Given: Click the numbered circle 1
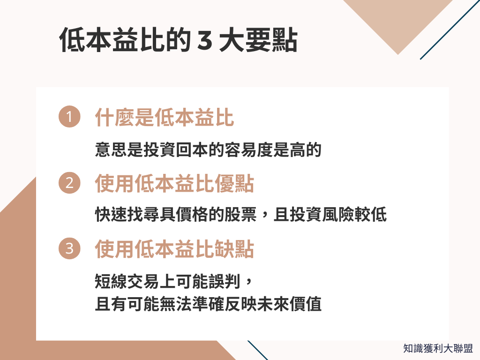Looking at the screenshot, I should tap(69, 118).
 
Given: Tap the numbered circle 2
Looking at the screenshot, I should tap(69, 183).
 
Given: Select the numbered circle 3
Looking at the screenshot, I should tap(69, 249).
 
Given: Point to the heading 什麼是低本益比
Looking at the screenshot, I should tap(164, 118).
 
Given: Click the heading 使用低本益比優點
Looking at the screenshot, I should tap(174, 184).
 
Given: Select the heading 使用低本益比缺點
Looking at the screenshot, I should tap(174, 249).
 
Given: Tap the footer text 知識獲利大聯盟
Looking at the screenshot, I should tap(438, 348).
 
